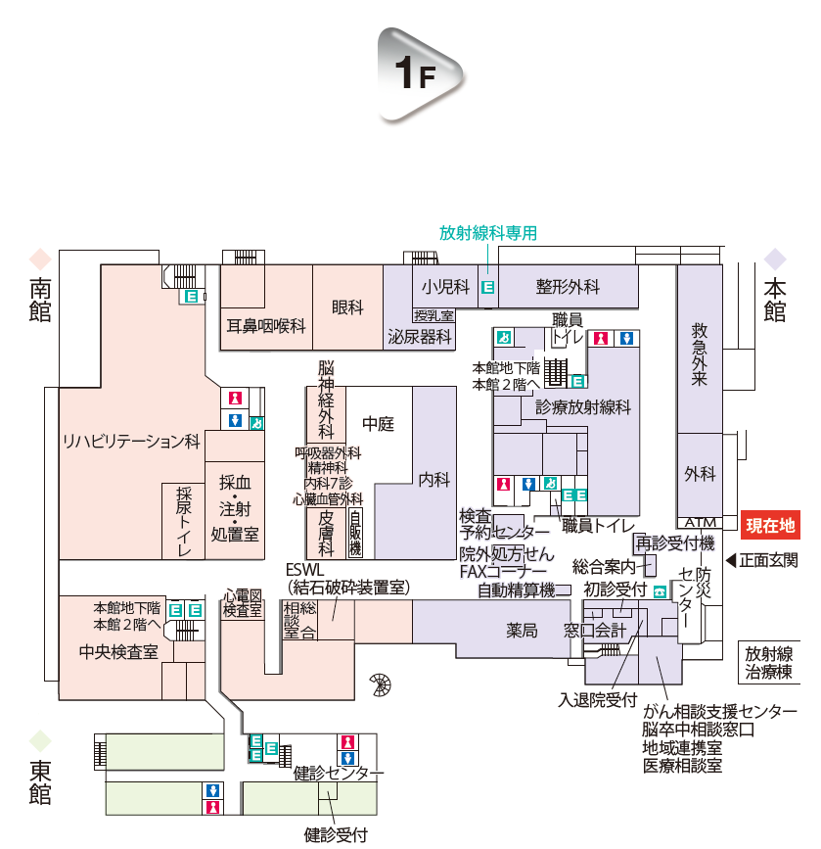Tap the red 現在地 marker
pos(772,525)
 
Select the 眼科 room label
pos(347,307)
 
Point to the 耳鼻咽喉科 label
pos(266,326)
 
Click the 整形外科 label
pos(568,287)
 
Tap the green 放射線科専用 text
pos(488,233)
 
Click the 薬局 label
pos(522,631)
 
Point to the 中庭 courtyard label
pos(378,424)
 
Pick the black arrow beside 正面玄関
pos(730,561)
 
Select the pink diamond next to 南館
pos(40,259)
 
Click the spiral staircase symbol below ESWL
pos(379,684)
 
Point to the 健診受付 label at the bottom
pos(336,835)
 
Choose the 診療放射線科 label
pos(583,406)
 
